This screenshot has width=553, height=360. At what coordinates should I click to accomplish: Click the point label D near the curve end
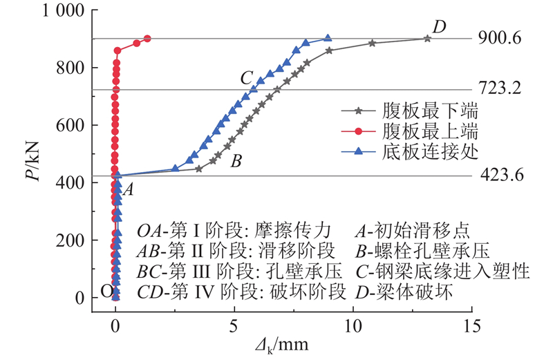(439, 27)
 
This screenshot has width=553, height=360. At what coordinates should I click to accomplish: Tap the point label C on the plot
(245, 78)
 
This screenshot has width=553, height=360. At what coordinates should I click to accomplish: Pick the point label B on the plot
(236, 163)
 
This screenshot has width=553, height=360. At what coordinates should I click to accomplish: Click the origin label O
(106, 291)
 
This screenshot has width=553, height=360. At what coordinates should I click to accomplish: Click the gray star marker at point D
(427, 39)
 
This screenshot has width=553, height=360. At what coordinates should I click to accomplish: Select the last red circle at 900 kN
(147, 39)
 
